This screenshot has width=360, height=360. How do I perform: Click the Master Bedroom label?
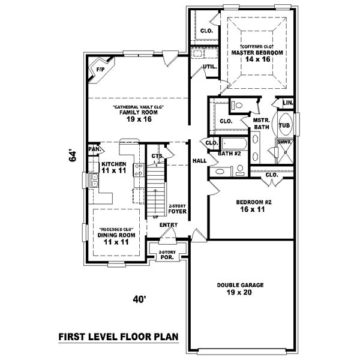pyautogui.click(x=257, y=53)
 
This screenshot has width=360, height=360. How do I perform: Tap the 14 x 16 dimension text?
pyautogui.click(x=257, y=61)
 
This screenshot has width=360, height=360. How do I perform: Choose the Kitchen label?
pyautogui.click(x=113, y=164)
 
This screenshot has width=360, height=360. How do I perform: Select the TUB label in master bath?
pyautogui.click(x=284, y=126)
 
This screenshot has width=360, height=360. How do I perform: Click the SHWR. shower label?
pyautogui.click(x=284, y=142)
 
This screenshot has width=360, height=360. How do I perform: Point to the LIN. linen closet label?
pyautogui.click(x=287, y=103)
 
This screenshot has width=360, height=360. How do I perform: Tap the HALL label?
pyautogui.click(x=199, y=161)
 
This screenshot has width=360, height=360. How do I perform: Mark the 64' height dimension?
pyautogui.click(x=73, y=157)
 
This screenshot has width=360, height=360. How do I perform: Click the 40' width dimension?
pyautogui.click(x=139, y=299)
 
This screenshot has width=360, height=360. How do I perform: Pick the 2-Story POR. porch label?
pyautogui.click(x=166, y=254)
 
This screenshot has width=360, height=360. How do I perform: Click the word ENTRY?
pyautogui.click(x=169, y=225)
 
